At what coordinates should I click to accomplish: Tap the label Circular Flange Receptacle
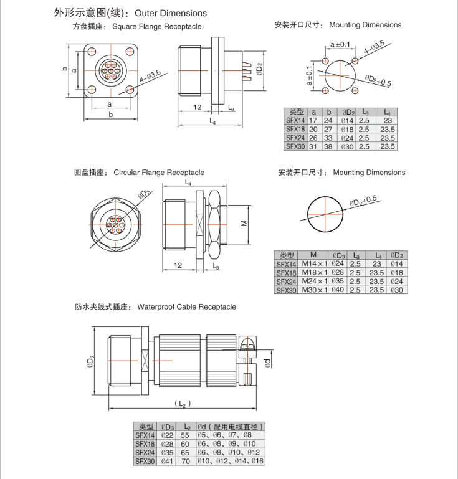coord(158,173)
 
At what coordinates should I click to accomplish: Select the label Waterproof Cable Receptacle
coord(186,307)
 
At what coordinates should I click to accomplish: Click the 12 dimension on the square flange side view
coord(197,107)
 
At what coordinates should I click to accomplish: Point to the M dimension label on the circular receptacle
coord(244,222)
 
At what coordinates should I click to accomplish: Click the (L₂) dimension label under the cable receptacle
coord(181,404)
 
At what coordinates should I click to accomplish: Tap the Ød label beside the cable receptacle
coord(268,363)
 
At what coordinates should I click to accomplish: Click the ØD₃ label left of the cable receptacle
coord(91,362)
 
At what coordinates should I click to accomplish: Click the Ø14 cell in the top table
coord(348,120)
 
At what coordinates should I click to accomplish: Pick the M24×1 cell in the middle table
coord(314,282)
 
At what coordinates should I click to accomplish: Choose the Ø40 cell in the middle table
coord(339,290)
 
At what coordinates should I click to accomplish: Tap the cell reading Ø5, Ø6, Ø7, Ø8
coord(224,435)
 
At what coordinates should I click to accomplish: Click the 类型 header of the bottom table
coord(146,427)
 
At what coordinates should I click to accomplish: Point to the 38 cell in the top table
coord(328,146)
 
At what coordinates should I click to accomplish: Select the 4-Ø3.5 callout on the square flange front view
coord(150,77)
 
